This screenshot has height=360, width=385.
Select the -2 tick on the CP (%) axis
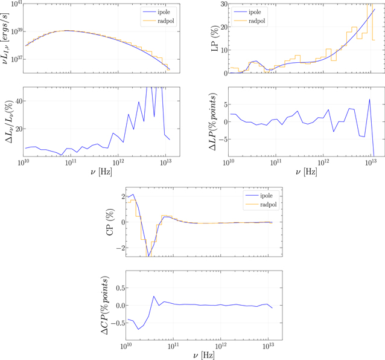(x=119, y=248)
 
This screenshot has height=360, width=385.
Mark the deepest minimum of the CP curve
(x=148, y=257)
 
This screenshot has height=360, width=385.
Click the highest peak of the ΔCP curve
(x=154, y=297)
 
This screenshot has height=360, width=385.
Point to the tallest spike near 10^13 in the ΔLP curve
(x=369, y=100)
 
